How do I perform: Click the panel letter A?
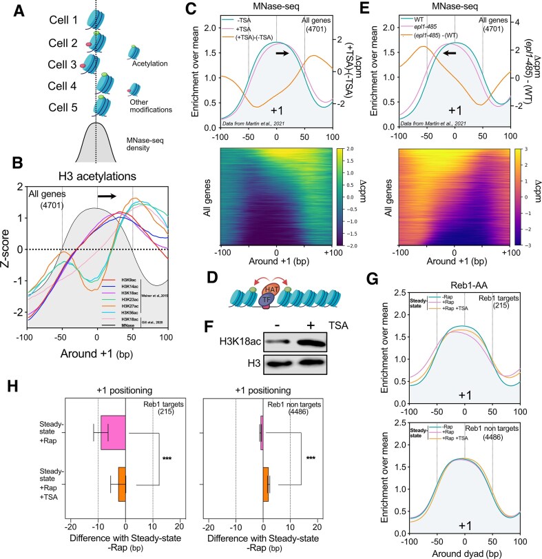8,9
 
